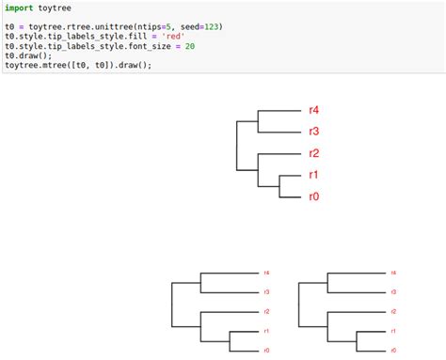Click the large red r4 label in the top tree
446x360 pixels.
click(x=314, y=110)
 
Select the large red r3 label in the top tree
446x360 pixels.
click(x=314, y=132)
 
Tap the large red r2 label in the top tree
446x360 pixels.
click(x=314, y=153)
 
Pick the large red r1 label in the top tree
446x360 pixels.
click(x=314, y=175)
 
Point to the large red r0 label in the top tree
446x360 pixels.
click(x=314, y=196)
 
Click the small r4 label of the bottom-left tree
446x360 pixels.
click(x=267, y=273)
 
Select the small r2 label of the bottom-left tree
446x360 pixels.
click(x=267, y=311)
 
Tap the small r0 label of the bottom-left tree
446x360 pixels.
click(x=267, y=350)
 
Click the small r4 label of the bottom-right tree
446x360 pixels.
click(x=393, y=273)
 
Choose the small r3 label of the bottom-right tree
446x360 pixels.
click(x=393, y=292)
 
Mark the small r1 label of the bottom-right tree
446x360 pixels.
click(x=393, y=331)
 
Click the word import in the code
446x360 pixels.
click(x=19, y=8)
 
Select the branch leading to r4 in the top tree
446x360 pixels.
click(x=278, y=110)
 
